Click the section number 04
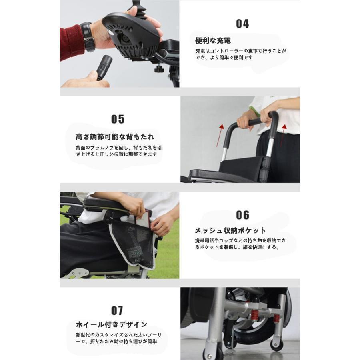pos(242,24)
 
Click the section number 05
pos(118,119)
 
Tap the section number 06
pos(242,215)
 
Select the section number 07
pos(117,311)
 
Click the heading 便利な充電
pos(213,41)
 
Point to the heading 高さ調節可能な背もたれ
pos(115,137)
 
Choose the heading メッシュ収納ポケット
pos(230,231)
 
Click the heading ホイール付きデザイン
pos(112,324)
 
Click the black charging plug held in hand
pos(104,67)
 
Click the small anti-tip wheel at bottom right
pos(276,345)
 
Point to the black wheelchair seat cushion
pos(240,166)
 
